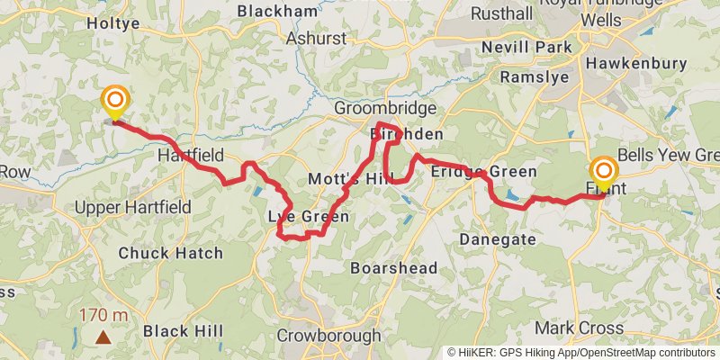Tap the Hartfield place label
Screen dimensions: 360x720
click(190, 156)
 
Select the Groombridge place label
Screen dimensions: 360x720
click(384, 108)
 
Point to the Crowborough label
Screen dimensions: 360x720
click(328, 335)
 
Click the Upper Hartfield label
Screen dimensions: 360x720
click(133, 207)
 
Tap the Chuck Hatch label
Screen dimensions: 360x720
click(170, 253)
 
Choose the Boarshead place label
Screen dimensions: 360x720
click(393, 268)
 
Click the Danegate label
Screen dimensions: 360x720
click(498, 239)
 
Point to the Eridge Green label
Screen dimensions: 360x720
click(483, 171)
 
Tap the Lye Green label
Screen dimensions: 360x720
click(308, 217)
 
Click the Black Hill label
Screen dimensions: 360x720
click(184, 330)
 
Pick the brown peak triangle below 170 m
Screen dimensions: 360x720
click(103, 338)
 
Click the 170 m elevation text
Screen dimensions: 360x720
click(103, 316)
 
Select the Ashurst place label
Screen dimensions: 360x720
click(316, 40)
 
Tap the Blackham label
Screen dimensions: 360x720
click(278, 11)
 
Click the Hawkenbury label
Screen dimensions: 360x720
click(627, 64)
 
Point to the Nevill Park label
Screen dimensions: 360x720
click(520, 46)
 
